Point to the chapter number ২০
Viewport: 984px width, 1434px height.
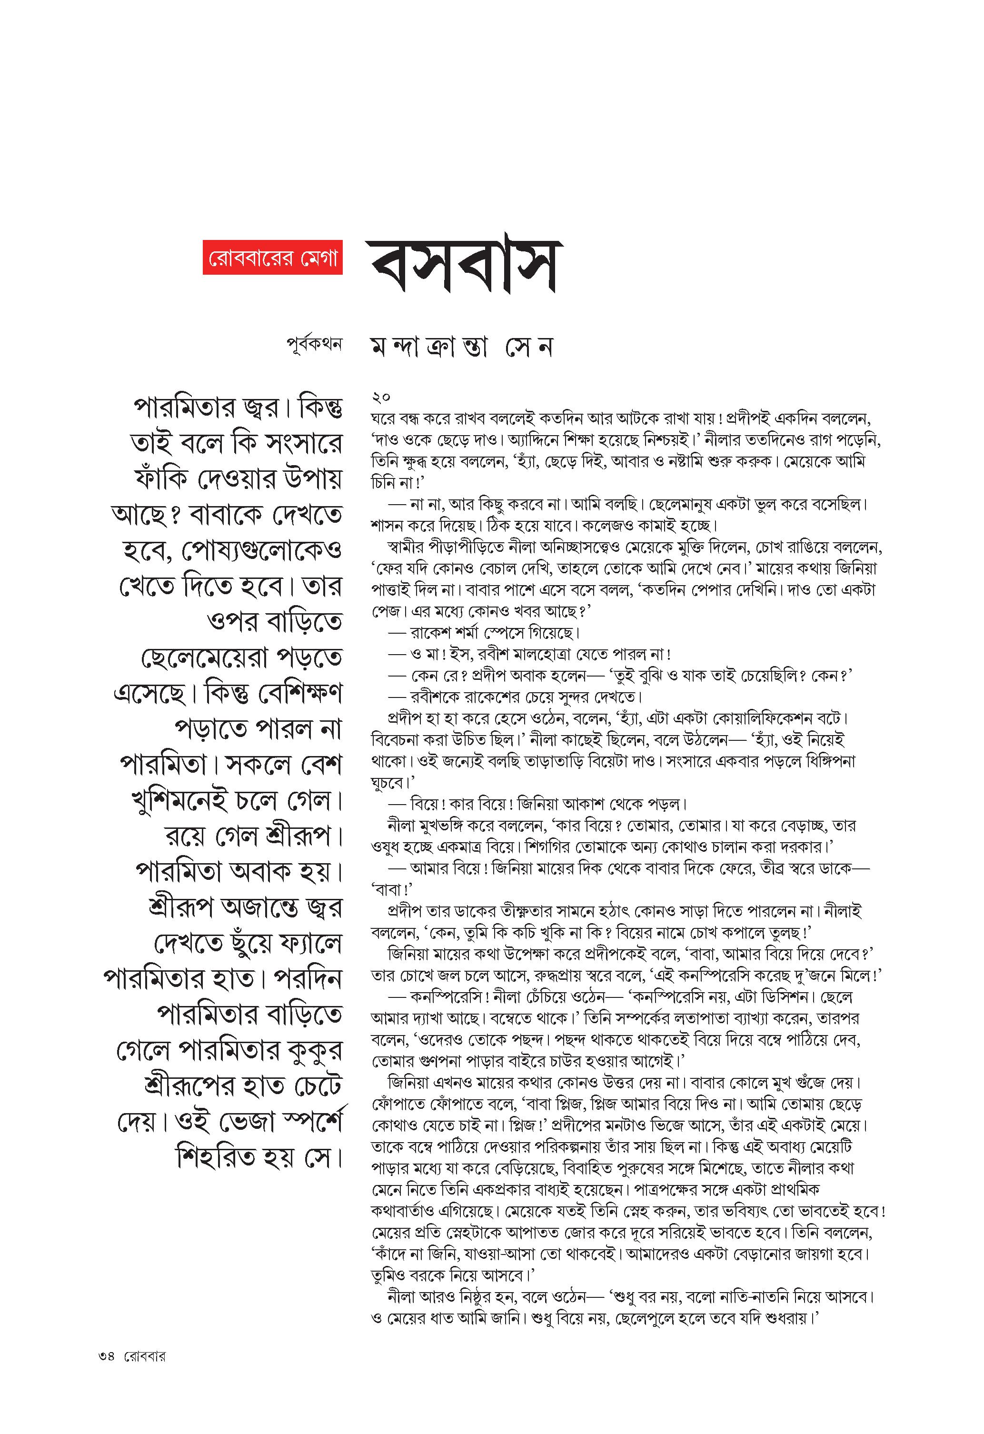(x=381, y=397)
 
